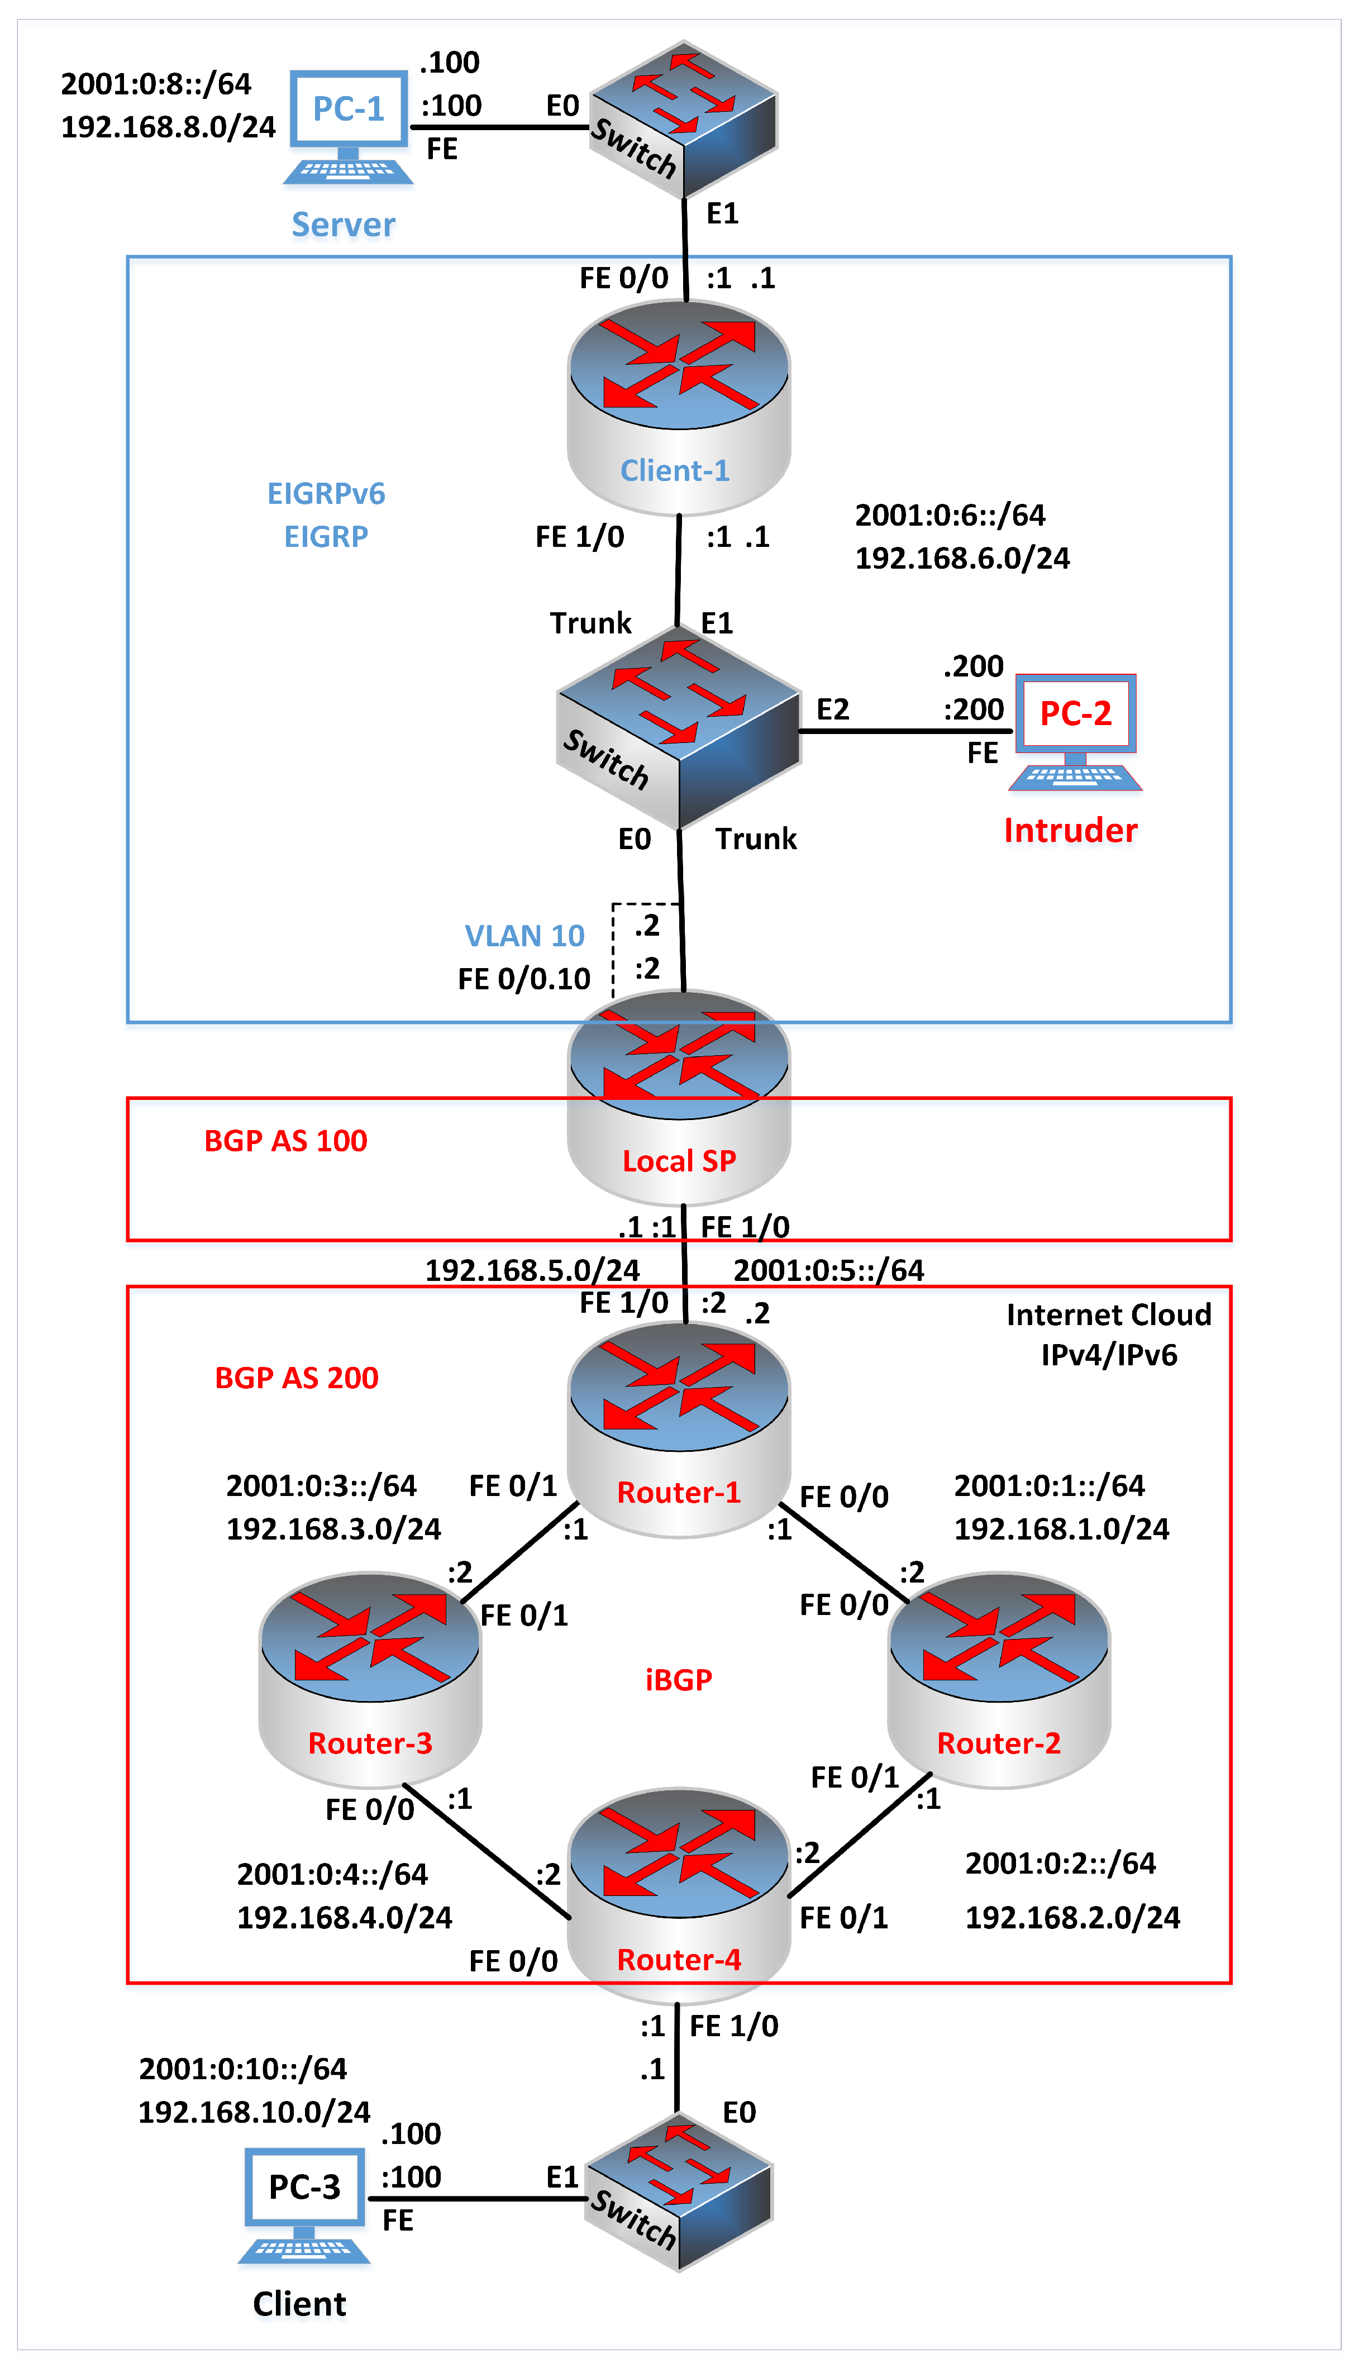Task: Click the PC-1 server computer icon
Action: click(x=348, y=126)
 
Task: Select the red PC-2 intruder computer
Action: click(x=1075, y=731)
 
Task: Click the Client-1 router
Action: click(x=679, y=406)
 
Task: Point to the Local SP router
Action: click(x=679, y=1097)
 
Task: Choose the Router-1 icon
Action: click(x=679, y=1428)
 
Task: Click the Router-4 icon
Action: click(x=679, y=1895)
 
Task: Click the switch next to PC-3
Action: click(x=679, y=2194)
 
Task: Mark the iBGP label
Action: click(x=679, y=1680)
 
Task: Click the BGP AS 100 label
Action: click(x=285, y=1141)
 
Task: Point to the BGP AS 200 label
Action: click(x=297, y=1378)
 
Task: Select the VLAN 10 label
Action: click(x=524, y=935)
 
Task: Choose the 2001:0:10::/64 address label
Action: click(x=242, y=2069)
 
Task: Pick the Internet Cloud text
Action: click(x=1109, y=1314)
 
